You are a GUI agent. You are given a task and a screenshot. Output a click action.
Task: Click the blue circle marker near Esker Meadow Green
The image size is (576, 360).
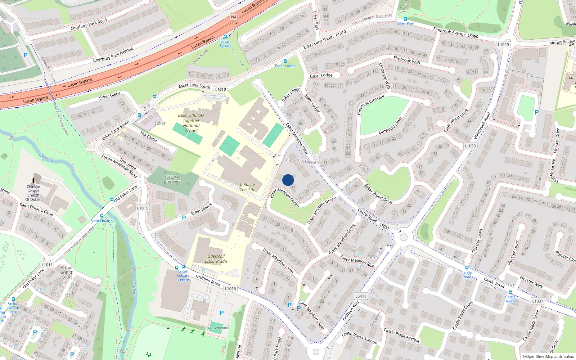[288, 180]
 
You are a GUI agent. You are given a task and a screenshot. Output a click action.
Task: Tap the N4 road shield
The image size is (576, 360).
[234, 17]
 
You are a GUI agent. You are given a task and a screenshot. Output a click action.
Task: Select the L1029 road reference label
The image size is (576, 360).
[503, 45]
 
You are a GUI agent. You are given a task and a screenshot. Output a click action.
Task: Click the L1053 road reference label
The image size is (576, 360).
[470, 146]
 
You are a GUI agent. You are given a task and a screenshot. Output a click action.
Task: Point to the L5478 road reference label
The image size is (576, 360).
[361, 296]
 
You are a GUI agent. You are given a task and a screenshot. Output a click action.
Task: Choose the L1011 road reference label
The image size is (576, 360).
[47, 265]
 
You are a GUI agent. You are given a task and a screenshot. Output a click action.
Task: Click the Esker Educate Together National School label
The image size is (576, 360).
[191, 123]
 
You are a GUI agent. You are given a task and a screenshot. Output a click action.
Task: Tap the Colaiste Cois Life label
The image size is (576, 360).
[247, 187]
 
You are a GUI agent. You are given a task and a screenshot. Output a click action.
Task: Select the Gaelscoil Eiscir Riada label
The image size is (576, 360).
[216, 259]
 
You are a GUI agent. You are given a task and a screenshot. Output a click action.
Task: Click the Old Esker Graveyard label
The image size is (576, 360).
[172, 179]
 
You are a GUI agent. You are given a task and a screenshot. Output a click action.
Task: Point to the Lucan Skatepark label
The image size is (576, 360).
[216, 328]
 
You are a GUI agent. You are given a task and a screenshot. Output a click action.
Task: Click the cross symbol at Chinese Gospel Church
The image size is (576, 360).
[33, 180]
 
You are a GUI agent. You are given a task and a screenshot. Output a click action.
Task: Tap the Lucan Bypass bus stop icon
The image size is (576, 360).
[225, 37]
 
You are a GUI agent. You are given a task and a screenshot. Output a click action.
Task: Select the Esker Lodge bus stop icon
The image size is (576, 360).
[285, 62]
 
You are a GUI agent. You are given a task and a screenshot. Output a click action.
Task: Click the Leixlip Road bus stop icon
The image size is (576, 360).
[467, 268]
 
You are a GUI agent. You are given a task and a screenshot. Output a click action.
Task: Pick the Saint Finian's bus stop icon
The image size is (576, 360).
[102, 216]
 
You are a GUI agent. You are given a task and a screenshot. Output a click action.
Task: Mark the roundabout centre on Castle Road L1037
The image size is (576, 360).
[403, 237]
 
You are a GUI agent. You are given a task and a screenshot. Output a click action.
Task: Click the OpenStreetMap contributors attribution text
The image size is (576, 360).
[548, 356]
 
